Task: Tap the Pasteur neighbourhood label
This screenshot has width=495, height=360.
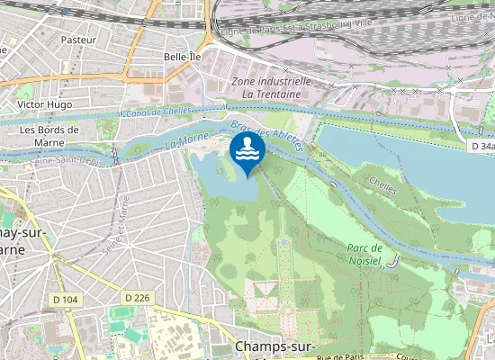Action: coord(78,40)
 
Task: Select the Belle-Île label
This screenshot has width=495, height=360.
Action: coord(182,56)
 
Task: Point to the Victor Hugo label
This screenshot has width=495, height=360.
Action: coord(44,104)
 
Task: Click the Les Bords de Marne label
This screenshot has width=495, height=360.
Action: coord(49,135)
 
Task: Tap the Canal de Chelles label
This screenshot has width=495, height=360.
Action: coord(157,112)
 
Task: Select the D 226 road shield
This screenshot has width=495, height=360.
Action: coord(137,297)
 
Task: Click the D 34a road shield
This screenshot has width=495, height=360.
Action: coord(481,146)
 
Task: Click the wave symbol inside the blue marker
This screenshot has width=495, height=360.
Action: coord(246,150)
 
